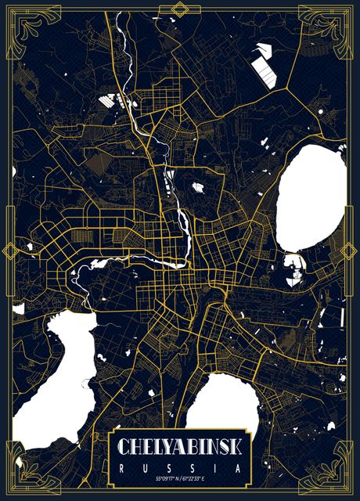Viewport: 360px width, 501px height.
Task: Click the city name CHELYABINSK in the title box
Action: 180,447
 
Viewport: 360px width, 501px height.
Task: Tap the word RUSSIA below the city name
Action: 180,467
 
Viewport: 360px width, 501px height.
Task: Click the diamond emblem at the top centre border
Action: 180,9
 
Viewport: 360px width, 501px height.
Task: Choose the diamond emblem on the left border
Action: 9,250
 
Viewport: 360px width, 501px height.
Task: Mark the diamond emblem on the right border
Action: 351,250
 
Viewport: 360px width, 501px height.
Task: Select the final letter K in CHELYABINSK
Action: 236,447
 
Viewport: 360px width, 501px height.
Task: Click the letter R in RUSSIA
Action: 123,467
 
